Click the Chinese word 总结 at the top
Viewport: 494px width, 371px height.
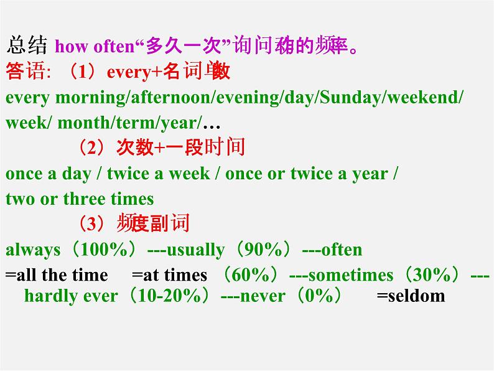[x=28, y=46]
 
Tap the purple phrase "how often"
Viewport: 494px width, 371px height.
[x=95, y=47]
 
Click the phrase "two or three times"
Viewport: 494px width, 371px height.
[x=80, y=199]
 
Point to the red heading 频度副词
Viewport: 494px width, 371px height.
[x=152, y=223]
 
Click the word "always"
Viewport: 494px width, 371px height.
[x=33, y=250]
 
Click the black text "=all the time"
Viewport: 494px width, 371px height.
[x=57, y=275]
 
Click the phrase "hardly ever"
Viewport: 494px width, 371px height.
[x=70, y=296]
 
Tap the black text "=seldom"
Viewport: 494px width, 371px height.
[x=411, y=296]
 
